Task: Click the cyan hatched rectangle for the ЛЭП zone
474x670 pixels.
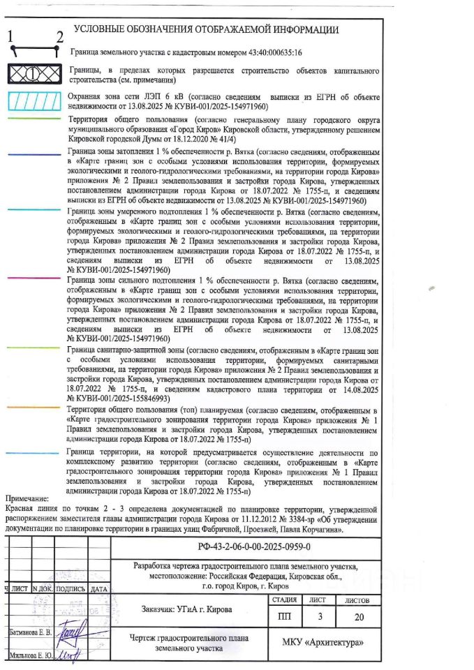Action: (x=33, y=101)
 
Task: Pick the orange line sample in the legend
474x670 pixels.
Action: (x=33, y=405)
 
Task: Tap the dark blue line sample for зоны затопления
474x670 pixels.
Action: (x=33, y=151)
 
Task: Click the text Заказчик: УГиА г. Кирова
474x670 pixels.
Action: (x=186, y=609)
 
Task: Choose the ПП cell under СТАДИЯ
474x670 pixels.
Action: (x=285, y=616)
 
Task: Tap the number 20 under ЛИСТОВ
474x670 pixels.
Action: (x=358, y=616)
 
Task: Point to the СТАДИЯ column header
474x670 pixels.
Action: (x=285, y=600)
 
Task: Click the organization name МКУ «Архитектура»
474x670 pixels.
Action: (x=323, y=643)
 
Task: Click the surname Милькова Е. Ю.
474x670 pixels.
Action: (x=30, y=655)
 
